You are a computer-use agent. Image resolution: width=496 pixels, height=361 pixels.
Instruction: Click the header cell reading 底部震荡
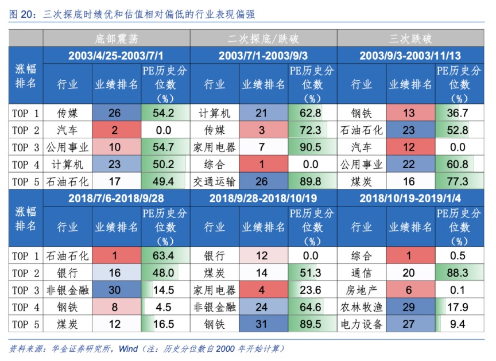[x=117, y=40]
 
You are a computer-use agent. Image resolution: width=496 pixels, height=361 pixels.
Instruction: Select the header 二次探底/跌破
[x=263, y=40]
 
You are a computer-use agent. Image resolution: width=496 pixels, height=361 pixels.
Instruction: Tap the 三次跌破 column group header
[x=410, y=40]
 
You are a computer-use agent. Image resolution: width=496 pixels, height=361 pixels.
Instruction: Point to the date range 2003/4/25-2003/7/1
[x=117, y=56]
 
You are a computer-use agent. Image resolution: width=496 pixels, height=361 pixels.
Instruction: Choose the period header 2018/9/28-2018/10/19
[x=263, y=198]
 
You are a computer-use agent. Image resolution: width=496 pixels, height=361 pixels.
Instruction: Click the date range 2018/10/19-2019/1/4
[x=410, y=198]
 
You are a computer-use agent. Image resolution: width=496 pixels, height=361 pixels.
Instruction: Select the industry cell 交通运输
[x=215, y=182]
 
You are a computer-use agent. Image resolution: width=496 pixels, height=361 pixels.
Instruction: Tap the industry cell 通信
[x=362, y=273]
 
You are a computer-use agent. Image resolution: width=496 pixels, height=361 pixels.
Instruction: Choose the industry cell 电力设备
[x=362, y=324]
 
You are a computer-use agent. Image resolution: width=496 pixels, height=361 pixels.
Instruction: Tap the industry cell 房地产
[x=362, y=290]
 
